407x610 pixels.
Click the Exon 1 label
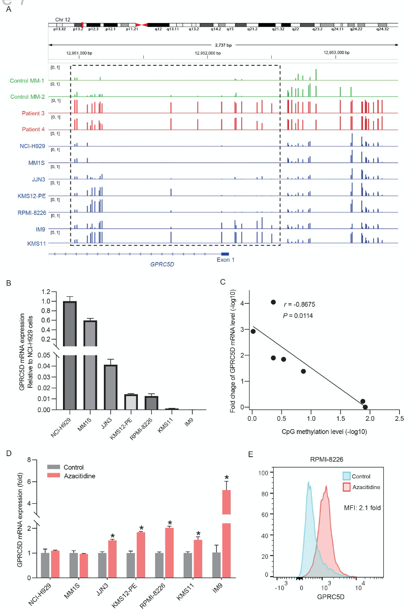225,260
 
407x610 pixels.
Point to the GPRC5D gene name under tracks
162,263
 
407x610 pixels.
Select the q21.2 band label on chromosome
252,29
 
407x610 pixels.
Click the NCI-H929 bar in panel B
69,354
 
